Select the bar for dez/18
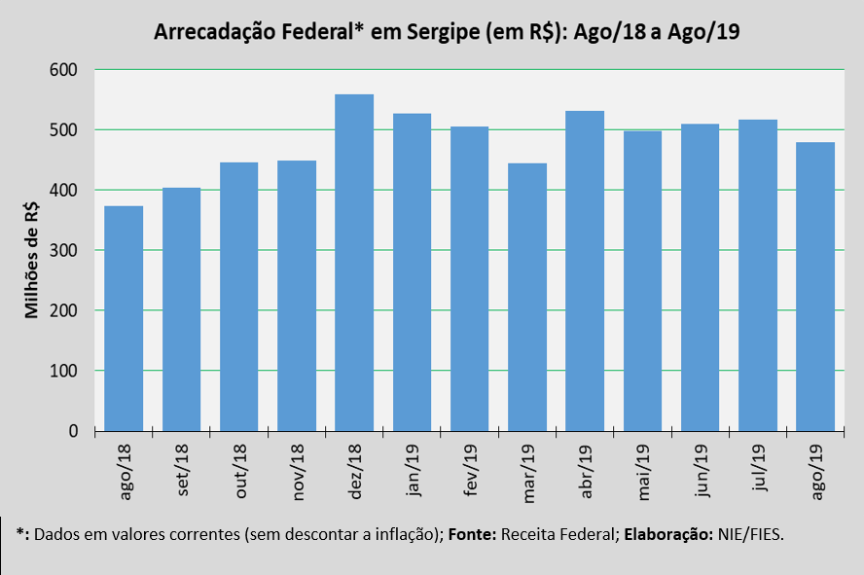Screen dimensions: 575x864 pyautogui.click(x=354, y=263)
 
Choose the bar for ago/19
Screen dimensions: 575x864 pyautogui.click(x=815, y=286)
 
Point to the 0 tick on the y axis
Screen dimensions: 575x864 pyautogui.click(x=73, y=431)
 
